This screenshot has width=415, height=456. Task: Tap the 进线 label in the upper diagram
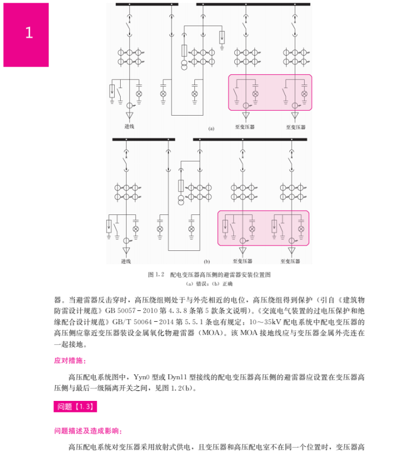point(129,127)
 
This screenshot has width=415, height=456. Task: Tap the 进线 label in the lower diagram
point(126,261)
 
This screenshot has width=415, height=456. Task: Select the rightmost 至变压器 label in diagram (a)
point(295,127)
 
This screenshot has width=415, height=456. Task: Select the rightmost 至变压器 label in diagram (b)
point(291,261)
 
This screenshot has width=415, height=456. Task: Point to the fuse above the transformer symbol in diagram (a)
point(185,51)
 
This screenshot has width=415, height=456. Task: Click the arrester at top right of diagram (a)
point(222,38)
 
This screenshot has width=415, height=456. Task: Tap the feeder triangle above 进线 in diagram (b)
point(127,251)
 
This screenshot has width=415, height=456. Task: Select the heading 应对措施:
point(70,361)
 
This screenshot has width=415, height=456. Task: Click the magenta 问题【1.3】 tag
point(75,406)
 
